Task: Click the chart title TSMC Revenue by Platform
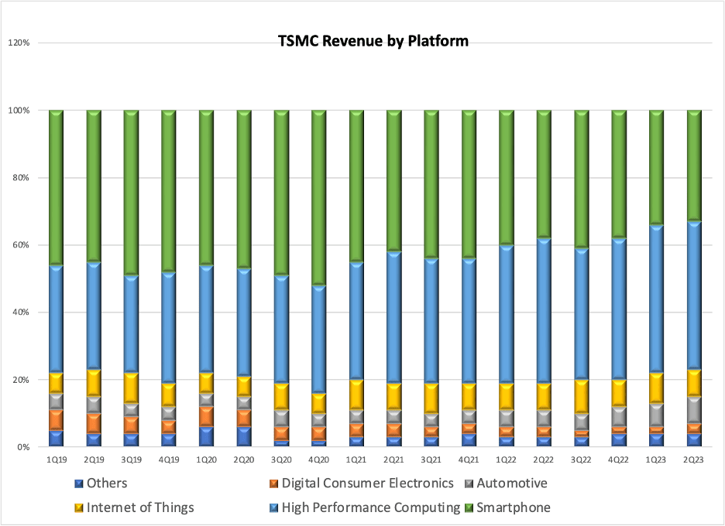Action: (x=373, y=41)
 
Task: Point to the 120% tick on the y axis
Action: (x=19, y=43)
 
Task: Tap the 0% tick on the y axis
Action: (x=23, y=447)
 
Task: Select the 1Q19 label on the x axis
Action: (x=56, y=459)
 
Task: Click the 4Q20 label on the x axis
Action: (x=318, y=459)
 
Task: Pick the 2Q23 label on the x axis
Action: (x=694, y=459)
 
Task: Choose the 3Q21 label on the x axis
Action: (x=431, y=459)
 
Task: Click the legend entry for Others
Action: (x=105, y=484)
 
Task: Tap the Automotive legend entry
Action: (x=511, y=484)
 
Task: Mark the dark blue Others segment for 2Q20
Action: (x=243, y=436)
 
